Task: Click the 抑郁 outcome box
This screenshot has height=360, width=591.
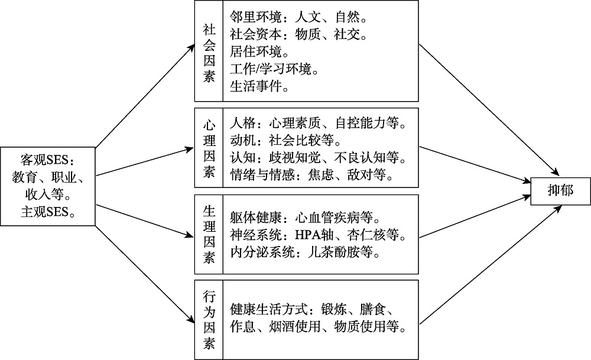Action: click(x=560, y=190)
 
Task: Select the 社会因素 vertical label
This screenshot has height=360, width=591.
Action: click(x=209, y=53)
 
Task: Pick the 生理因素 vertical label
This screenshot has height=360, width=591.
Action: click(x=209, y=235)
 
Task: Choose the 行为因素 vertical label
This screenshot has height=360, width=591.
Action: click(x=209, y=319)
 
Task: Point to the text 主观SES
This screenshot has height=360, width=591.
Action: click(x=48, y=212)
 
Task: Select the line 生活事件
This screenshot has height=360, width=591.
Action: click(x=259, y=87)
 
